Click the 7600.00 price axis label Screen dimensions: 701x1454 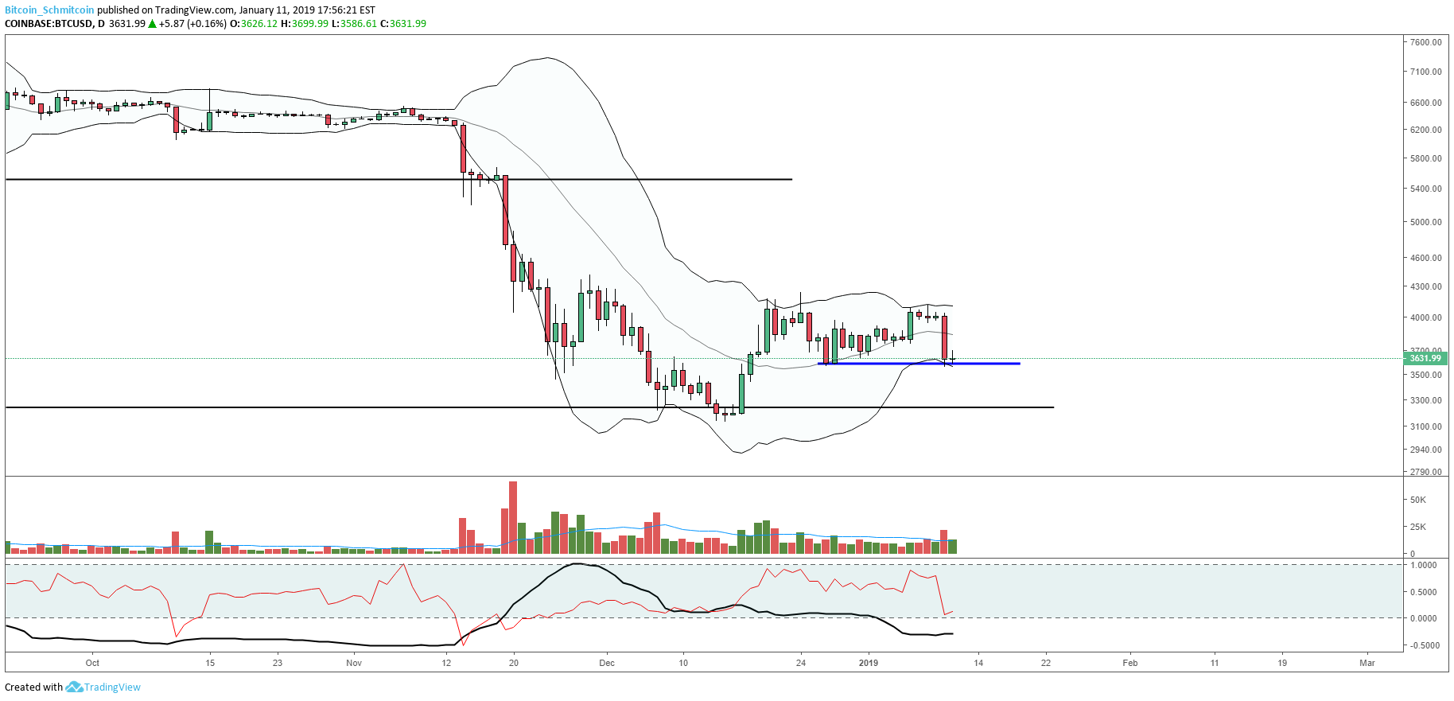coord(1425,42)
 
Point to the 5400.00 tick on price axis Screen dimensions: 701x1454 coord(1425,189)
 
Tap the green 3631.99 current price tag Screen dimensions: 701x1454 coord(1425,358)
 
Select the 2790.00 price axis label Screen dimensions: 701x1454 coord(1425,472)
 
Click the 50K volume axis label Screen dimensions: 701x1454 coord(1417,500)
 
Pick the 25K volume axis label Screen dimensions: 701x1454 coord(1417,527)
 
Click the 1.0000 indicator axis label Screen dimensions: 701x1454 coord(1423,565)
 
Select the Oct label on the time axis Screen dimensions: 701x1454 coord(92,663)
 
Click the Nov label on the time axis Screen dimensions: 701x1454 coord(354,663)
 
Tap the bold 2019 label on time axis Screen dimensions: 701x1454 coord(869,663)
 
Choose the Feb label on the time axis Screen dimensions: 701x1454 coord(1129,663)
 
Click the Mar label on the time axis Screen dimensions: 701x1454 coord(1367,663)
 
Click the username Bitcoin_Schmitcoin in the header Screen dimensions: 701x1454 coord(49,10)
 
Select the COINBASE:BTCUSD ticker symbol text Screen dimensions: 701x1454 coord(49,24)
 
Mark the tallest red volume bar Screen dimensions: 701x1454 coord(513,517)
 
